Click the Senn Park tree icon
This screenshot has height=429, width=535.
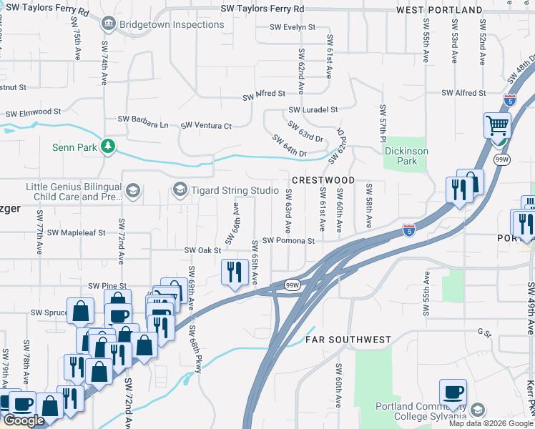108,147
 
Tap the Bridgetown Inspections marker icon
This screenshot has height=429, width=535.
108,24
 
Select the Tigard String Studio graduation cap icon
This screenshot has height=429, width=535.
180,189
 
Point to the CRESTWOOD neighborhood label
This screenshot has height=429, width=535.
323,179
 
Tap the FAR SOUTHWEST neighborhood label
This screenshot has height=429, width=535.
348,339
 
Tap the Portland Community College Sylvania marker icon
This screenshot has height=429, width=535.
477,410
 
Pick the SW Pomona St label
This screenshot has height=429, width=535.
288,241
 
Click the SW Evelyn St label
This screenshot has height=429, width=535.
293,27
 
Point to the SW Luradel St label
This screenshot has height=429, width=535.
313,110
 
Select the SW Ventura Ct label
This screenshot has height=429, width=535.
206,126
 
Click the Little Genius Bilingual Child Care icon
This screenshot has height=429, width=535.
132,190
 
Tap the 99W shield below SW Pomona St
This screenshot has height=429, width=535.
291,284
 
